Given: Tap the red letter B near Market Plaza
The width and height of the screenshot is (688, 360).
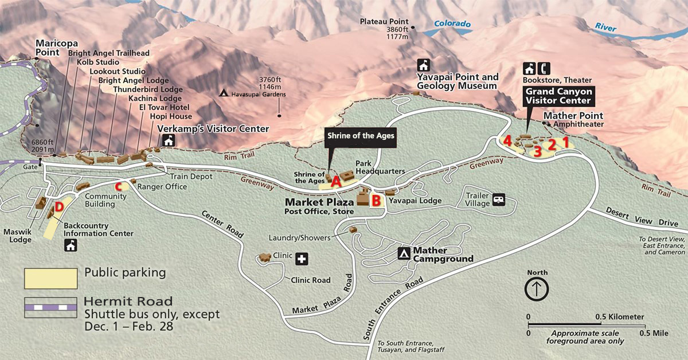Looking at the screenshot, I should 376,200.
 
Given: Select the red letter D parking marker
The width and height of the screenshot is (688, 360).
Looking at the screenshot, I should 59,207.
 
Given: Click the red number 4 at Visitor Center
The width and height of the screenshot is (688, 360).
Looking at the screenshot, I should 507,140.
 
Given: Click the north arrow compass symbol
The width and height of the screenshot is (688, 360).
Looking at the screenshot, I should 536,288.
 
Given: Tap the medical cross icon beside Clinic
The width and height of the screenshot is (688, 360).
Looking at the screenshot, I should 302,260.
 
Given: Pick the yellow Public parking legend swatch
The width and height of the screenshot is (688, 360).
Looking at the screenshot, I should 50,278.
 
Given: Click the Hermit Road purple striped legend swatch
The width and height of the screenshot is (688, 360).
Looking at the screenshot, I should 50,307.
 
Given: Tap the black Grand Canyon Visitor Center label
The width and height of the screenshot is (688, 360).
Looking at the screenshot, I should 558,96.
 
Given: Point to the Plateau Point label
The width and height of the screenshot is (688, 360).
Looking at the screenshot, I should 384,22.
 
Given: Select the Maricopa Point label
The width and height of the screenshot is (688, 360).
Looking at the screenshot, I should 52,47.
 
